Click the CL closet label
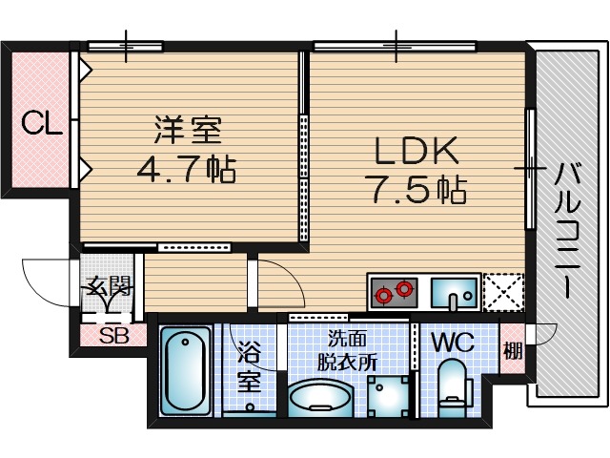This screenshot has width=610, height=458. [x=42, y=122]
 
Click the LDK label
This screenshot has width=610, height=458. [x=416, y=151]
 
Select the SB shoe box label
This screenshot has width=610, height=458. [x=114, y=335]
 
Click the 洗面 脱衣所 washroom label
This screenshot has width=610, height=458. [x=348, y=349]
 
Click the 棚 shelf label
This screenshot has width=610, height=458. [x=513, y=350]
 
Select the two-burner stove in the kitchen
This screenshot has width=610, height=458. [x=395, y=291]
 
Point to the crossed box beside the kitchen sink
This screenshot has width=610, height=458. [x=503, y=292]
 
